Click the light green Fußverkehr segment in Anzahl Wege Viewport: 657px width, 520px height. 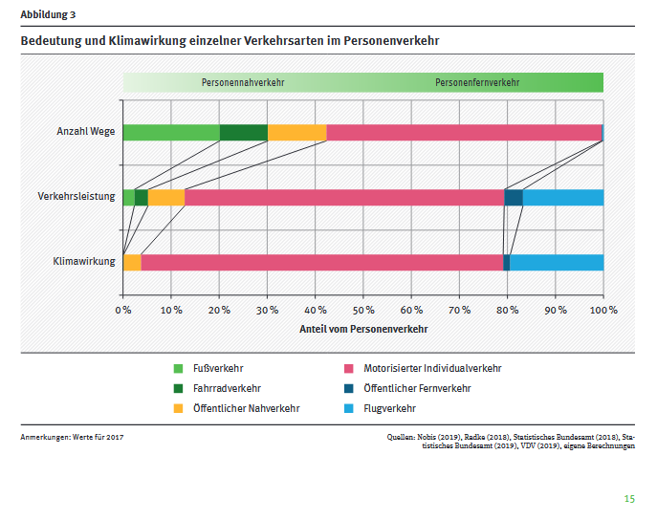pyautogui.click(x=171, y=133)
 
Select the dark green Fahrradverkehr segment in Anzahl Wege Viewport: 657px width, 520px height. pyautogui.click(x=244, y=133)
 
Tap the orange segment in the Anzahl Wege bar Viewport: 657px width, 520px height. pyautogui.click(x=297, y=133)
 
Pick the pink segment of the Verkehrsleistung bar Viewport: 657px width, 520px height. pyautogui.click(x=344, y=197)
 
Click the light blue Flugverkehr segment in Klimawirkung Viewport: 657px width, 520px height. pyautogui.click(x=557, y=262)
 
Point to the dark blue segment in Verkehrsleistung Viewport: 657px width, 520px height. pyautogui.click(x=514, y=197)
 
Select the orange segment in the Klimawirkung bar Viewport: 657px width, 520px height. pyautogui.click(x=133, y=262)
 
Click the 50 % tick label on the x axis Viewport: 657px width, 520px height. pyautogui.click(x=363, y=310)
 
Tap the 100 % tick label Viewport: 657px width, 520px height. pyautogui.click(x=603, y=310)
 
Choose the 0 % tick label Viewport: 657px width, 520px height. pyautogui.click(x=123, y=310)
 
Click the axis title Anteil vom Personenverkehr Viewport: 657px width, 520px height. pyautogui.click(x=363, y=328)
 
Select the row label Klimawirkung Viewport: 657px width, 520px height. pyautogui.click(x=84, y=261)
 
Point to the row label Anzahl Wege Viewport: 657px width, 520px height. pyautogui.click(x=86, y=132)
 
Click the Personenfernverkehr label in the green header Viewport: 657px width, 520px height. pyautogui.click(x=477, y=82)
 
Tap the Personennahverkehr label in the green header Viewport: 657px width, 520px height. pyautogui.click(x=243, y=82)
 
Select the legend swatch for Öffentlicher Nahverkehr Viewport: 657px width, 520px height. pyautogui.click(x=178, y=408)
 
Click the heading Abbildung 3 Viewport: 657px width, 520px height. pyautogui.click(x=48, y=14)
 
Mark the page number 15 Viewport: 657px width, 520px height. pyautogui.click(x=629, y=499)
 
